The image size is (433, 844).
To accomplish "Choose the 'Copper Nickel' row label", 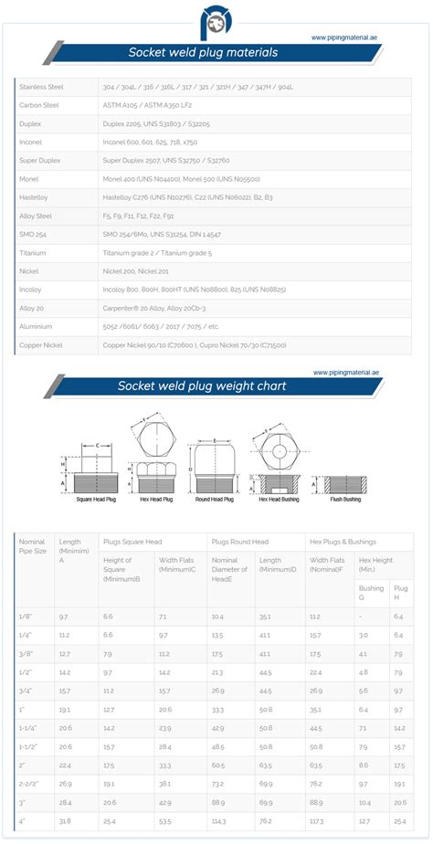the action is click(x=39, y=345).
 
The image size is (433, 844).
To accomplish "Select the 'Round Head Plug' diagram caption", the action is click(x=215, y=500).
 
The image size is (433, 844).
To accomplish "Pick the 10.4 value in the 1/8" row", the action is click(x=217, y=617).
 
